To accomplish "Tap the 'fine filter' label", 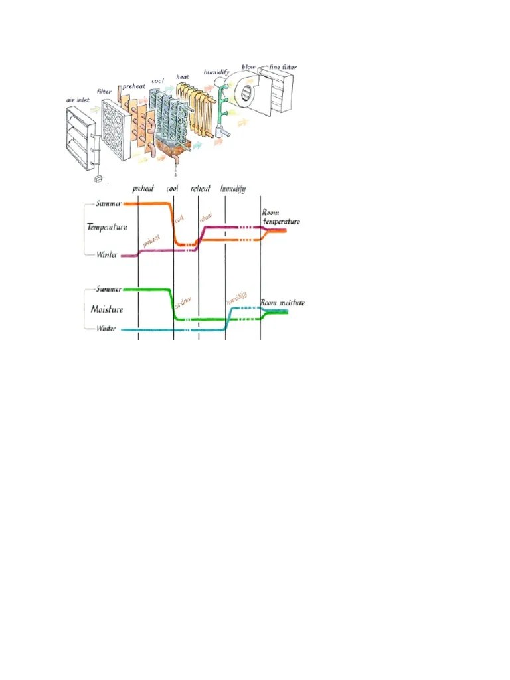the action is click(283, 66).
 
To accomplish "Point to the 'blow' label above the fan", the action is click(249, 68).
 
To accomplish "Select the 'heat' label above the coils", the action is click(183, 77).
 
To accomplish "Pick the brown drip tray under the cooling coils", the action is click(174, 150).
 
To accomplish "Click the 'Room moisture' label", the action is click(282, 303).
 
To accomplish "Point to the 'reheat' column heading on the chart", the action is click(201, 189).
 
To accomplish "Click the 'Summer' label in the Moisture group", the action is click(109, 290).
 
